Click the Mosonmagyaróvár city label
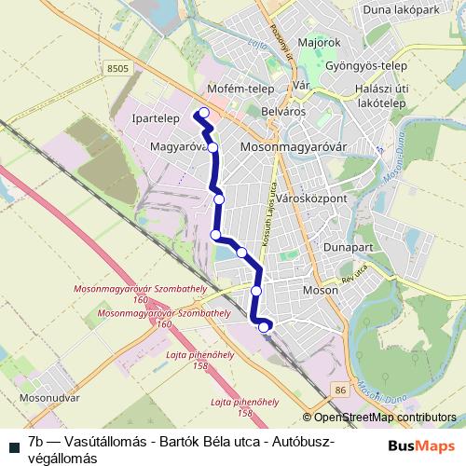point(293,147)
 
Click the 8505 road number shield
point(116,68)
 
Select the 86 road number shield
point(340,389)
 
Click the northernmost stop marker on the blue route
point(203,114)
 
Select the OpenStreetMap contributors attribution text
point(379,418)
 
